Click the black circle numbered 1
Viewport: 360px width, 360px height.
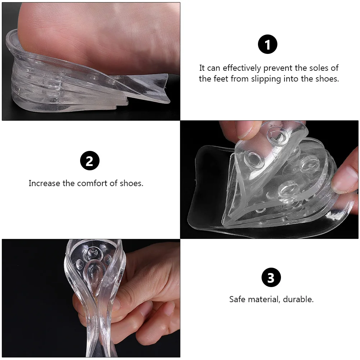coord(268,45)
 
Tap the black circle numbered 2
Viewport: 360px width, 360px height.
coord(89,161)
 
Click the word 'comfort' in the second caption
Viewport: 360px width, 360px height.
coord(91,183)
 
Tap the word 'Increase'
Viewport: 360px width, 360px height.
coord(45,183)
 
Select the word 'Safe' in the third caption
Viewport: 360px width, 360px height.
coord(238,299)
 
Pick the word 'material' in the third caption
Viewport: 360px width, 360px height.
coord(265,299)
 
